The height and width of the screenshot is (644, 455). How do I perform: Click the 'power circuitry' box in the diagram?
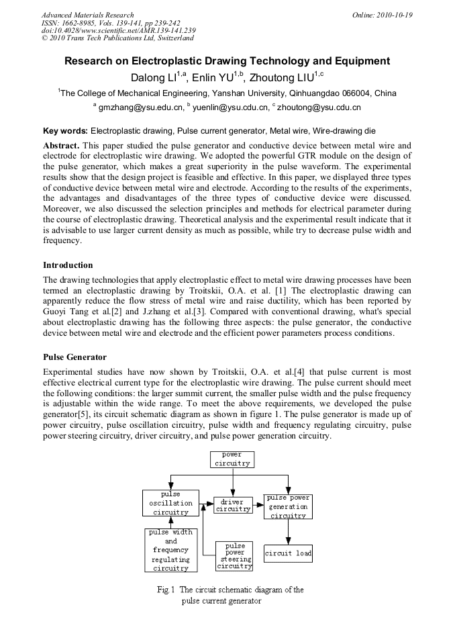232,459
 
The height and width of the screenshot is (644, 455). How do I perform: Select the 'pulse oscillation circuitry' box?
170,503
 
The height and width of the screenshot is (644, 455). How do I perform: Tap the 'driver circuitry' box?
233,505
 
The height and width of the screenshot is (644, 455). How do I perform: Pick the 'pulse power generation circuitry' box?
288,506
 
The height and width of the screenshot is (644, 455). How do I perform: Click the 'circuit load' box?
288,553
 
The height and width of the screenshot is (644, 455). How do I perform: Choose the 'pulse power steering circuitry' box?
235,557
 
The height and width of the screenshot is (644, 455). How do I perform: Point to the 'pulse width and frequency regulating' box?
170,550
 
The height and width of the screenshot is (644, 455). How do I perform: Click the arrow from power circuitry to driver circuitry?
232,484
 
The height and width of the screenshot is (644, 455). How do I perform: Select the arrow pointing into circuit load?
288,534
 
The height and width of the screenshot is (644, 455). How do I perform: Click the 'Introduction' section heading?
68,265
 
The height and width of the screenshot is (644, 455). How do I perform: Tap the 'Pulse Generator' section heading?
74,357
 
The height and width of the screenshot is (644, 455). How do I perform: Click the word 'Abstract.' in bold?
62,146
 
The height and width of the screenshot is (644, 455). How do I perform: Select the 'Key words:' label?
65,130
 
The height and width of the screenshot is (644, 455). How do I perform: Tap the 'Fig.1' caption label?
166,590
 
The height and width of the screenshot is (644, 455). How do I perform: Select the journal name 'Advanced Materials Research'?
87,15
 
